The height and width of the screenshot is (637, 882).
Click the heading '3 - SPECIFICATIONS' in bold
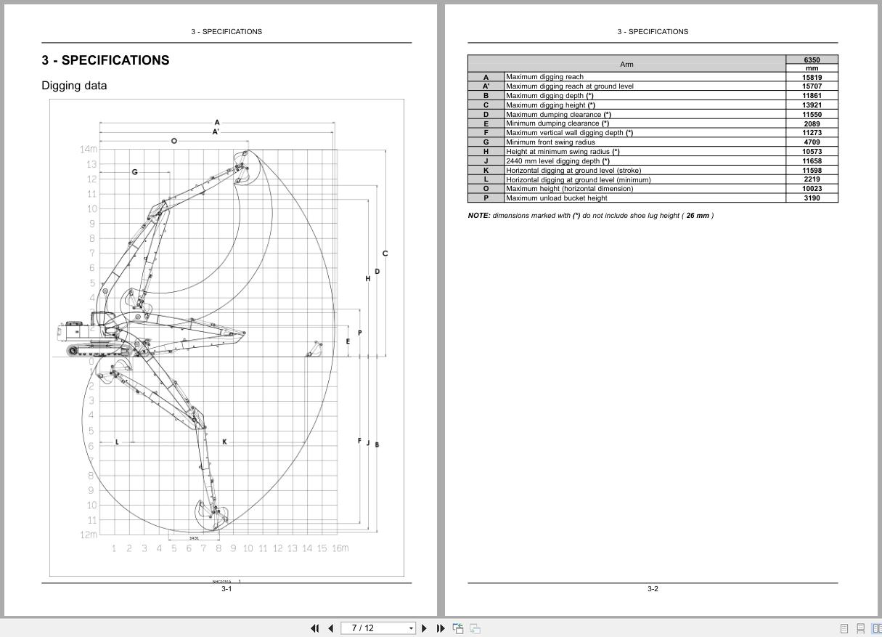point(105,60)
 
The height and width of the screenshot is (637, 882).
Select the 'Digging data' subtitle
point(74,86)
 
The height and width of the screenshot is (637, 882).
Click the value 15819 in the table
point(812,77)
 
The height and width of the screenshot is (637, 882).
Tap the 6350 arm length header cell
point(812,60)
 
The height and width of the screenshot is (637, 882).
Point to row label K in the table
point(486,170)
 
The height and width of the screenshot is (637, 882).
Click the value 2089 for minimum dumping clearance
point(812,123)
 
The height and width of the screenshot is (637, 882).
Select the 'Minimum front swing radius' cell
point(550,142)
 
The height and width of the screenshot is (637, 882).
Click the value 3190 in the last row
point(812,198)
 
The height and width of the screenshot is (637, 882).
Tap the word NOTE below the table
point(478,216)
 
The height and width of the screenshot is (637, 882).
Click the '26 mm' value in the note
point(697,216)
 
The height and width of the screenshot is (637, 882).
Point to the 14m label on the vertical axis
point(88,149)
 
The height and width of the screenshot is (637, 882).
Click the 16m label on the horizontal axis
point(340,548)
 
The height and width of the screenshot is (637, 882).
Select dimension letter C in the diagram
point(385,253)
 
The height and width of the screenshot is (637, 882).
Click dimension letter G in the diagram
point(134,172)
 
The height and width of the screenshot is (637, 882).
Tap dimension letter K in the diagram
point(224,442)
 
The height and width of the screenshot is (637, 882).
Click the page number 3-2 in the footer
point(653,589)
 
